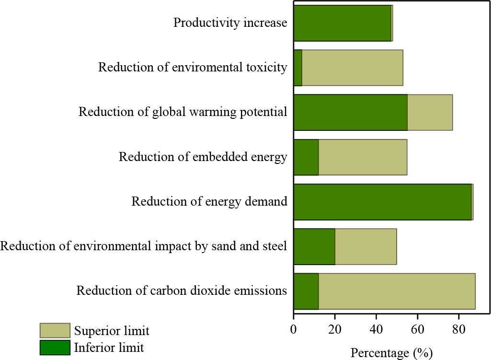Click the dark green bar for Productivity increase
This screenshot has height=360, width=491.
pos(342,23)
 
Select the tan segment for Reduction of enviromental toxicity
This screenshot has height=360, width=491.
pos(352,68)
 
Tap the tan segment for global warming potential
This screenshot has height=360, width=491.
pos(430,112)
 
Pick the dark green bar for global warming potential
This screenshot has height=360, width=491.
pos(350,112)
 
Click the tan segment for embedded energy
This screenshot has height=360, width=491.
pos(363,157)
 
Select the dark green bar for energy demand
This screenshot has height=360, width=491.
pos(382,202)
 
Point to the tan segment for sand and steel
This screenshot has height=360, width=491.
pos(365,246)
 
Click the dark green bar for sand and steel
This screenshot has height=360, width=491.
pos(314,246)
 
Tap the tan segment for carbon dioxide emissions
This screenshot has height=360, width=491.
pos(397,291)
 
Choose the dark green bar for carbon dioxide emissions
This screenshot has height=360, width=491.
pos(306,291)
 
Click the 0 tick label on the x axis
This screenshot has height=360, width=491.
pos(294,331)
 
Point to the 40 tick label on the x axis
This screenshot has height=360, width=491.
pos(376,331)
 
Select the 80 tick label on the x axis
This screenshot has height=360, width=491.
pos(458,331)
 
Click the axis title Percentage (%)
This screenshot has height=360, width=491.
pos(392,353)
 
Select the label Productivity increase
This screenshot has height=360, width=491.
pos(230,23)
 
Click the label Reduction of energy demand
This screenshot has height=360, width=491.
pos(209,201)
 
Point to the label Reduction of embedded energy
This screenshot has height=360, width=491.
pos(203,157)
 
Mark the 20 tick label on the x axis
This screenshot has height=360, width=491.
pos(335,331)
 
